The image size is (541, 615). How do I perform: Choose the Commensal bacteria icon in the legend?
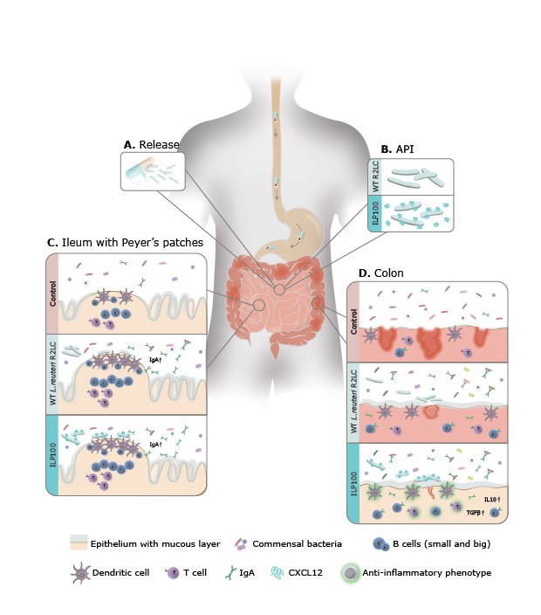click(242, 543)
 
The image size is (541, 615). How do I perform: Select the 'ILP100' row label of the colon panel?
click(354, 480)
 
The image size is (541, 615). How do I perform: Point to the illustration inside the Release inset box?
click(153, 171)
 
